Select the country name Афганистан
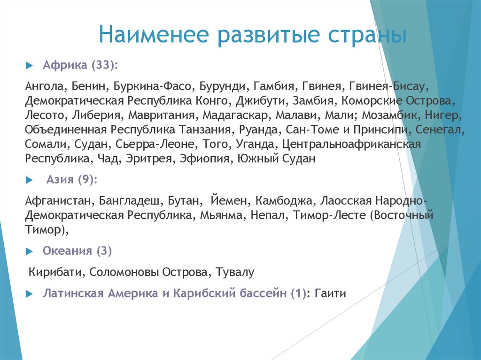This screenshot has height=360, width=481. pos(59,201)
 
